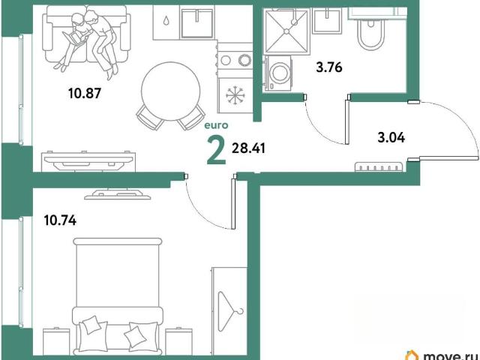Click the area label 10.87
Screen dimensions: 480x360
85,93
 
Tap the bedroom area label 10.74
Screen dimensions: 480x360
60,220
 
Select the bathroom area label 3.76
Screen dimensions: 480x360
329,67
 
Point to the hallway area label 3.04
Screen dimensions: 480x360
391,137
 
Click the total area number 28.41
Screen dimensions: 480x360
248,148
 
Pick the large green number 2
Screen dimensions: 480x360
217,150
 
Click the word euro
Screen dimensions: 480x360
216,125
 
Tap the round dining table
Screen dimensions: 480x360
170,91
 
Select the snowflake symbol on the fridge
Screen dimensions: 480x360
235,94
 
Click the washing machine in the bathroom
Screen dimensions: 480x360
277,73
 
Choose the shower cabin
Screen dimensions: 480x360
286,31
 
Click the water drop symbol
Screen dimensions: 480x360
166,21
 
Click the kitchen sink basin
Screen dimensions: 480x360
196,23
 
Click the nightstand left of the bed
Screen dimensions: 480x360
56,341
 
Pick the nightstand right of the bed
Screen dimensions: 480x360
178,341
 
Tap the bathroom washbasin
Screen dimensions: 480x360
327,20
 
